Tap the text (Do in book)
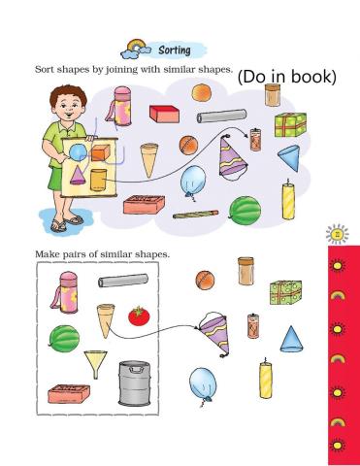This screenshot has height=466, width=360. [286, 77]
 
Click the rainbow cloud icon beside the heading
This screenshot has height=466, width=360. [132, 47]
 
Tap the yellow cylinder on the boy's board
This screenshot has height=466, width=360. [98, 180]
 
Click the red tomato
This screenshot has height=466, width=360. [137, 316]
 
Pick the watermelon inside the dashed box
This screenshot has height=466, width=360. [65, 339]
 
